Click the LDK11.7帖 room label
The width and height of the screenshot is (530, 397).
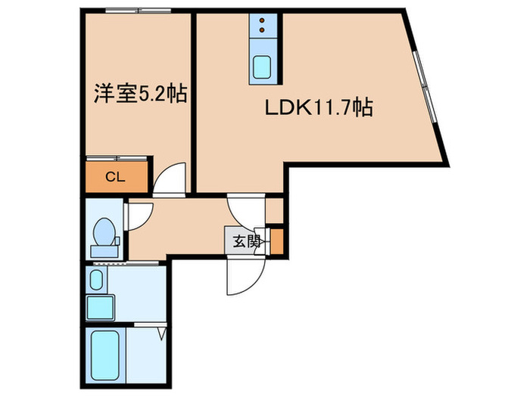coord(318,108)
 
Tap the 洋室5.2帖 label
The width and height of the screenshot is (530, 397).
coord(140,95)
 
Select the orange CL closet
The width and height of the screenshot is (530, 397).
coord(116,178)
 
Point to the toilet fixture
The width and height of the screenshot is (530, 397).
coord(103,234)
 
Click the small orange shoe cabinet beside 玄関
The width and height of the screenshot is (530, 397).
coord(277,241)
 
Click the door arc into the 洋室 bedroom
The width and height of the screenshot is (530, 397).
coord(168,180)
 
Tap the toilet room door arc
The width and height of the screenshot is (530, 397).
coord(139,216)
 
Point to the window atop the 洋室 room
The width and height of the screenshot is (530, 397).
coord(138,11)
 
